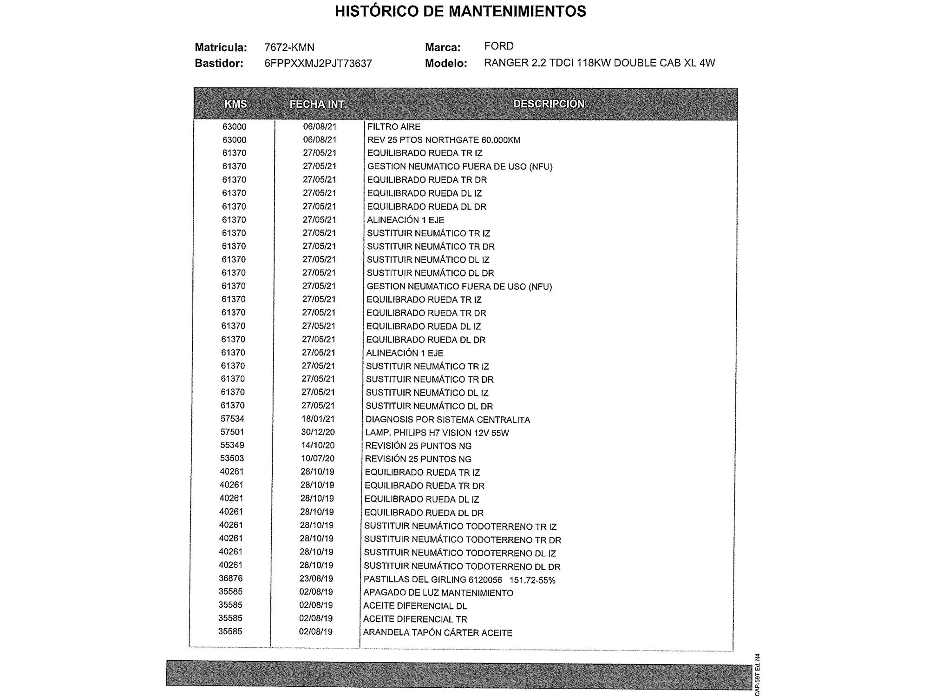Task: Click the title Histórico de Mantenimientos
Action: pyautogui.click(x=460, y=11)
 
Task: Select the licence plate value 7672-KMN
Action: pyautogui.click(x=289, y=47)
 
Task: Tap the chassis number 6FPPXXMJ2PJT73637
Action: pyautogui.click(x=318, y=63)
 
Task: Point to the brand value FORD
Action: pyautogui.click(x=499, y=46)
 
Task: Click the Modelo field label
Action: pyautogui.click(x=446, y=63)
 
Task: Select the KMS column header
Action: pyautogui.click(x=236, y=104)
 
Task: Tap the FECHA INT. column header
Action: pyautogui.click(x=318, y=104)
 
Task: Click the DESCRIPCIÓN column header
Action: pyautogui.click(x=549, y=104)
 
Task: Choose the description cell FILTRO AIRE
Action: pyautogui.click(x=394, y=126)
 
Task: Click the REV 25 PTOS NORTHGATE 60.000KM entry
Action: pyautogui.click(x=444, y=140)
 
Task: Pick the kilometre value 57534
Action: pyautogui.click(x=233, y=419)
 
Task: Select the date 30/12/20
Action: pyautogui.click(x=318, y=432)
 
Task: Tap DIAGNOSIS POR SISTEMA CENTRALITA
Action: pyautogui.click(x=447, y=420)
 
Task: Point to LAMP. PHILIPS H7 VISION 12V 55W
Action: pyautogui.click(x=437, y=433)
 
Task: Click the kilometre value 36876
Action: pyautogui.click(x=231, y=579)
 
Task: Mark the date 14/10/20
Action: pyautogui.click(x=318, y=445)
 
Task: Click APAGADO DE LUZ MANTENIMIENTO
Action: pyautogui.click(x=438, y=593)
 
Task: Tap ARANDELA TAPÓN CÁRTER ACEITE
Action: pyautogui.click(x=438, y=633)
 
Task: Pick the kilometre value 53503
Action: pyautogui.click(x=232, y=458)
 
